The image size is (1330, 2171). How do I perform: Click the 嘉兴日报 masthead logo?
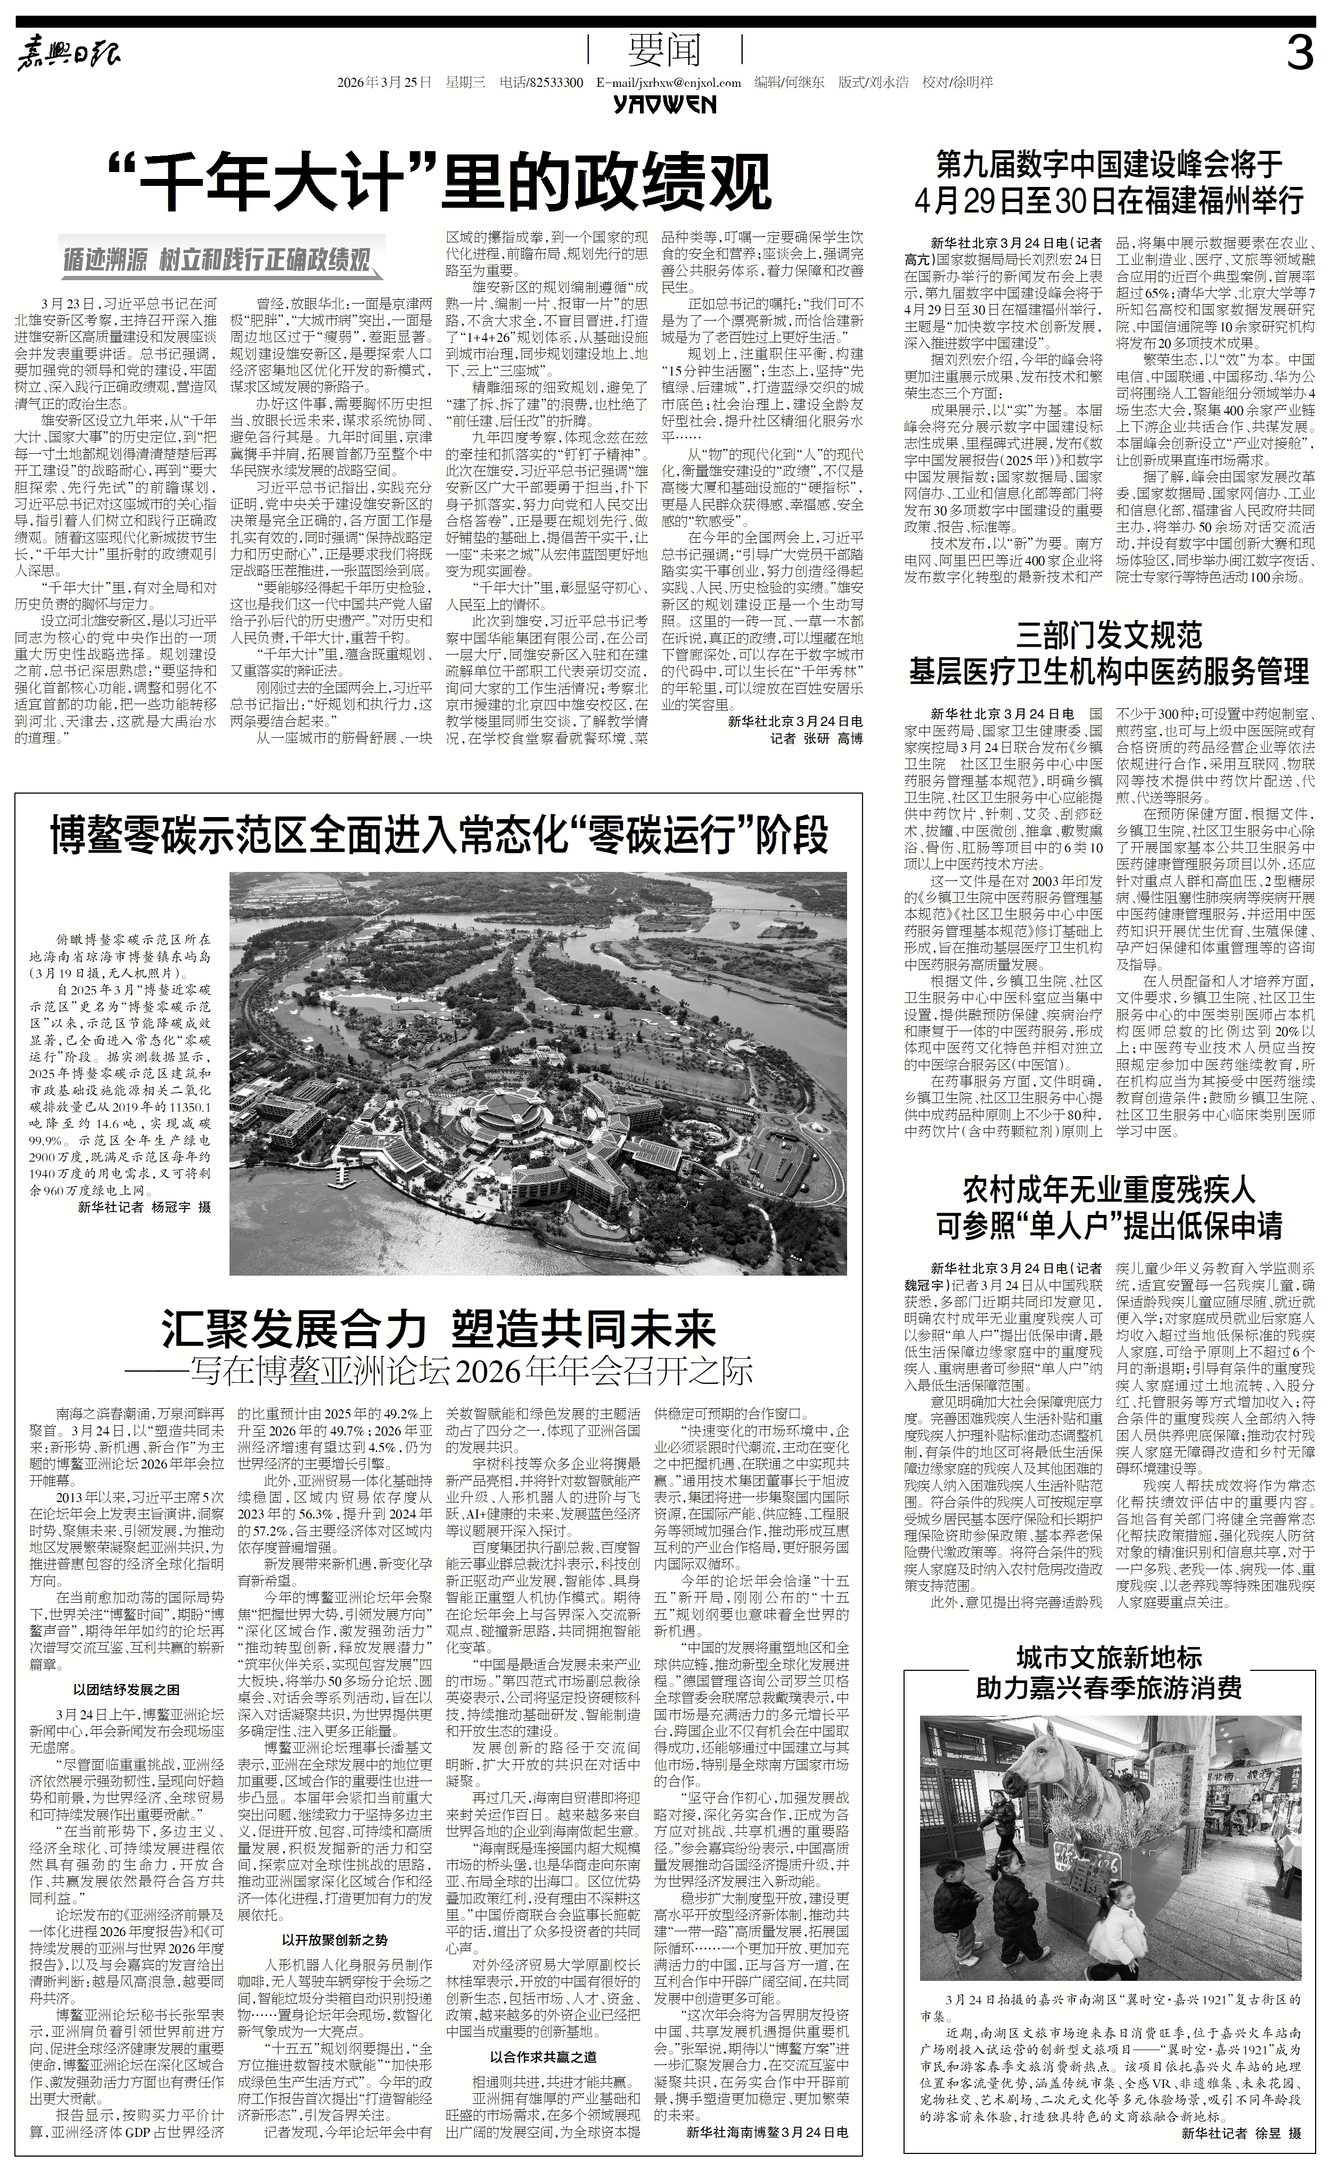point(70,58)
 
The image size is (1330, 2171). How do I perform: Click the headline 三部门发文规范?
point(1109,634)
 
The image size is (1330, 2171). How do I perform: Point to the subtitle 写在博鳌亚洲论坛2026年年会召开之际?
point(449,1372)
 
